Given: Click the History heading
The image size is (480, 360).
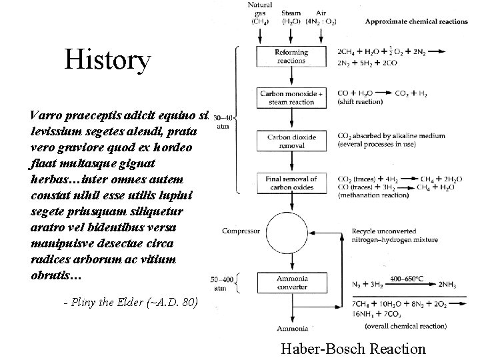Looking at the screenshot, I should pyautogui.click(x=108, y=61).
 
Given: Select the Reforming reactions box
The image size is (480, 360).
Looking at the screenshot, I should pyautogui.click(x=291, y=55).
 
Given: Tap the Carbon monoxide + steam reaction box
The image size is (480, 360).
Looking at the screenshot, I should pyautogui.click(x=291, y=97).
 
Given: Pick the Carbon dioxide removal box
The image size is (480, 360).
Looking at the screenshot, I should pyautogui.click(x=291, y=141).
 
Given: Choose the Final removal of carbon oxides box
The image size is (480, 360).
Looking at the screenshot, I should pyautogui.click(x=291, y=183).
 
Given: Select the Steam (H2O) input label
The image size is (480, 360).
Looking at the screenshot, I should pyautogui.click(x=291, y=17).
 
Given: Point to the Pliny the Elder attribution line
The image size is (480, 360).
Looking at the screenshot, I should pyautogui.click(x=130, y=302).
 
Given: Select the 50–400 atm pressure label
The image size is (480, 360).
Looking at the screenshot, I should pyautogui.click(x=221, y=283).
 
